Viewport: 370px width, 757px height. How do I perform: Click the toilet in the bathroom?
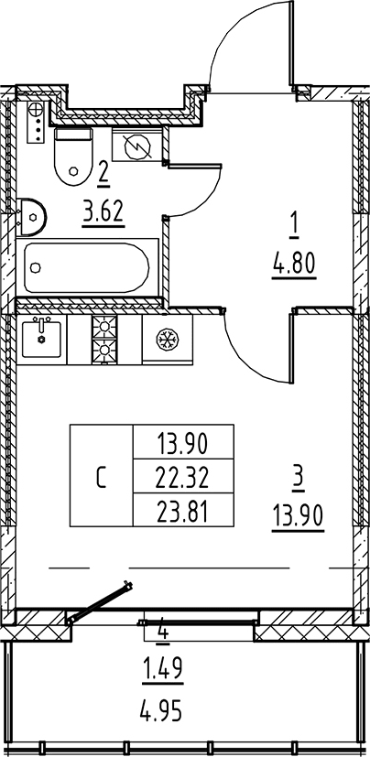(x=72, y=156)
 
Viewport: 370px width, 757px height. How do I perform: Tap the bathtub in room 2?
(x=87, y=267)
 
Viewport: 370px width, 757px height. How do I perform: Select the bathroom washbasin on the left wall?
(x=31, y=217)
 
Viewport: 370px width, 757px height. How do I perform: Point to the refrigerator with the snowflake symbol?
(x=167, y=340)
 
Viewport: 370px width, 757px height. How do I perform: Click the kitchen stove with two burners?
(x=104, y=340)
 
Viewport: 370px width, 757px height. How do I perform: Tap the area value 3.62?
(x=103, y=212)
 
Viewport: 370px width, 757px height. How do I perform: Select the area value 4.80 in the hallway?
(x=294, y=265)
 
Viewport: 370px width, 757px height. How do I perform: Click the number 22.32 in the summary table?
(x=182, y=478)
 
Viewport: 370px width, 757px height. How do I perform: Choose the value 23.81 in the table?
(x=182, y=512)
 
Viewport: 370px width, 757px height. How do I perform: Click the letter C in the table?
(x=101, y=478)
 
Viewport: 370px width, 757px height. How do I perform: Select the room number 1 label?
(x=295, y=230)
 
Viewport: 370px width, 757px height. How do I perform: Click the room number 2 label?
(x=103, y=171)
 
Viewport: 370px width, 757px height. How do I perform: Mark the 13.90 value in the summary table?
(x=182, y=444)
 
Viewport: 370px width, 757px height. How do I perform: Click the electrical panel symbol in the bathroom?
(x=137, y=145)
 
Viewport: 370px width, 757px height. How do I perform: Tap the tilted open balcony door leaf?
(x=99, y=602)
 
